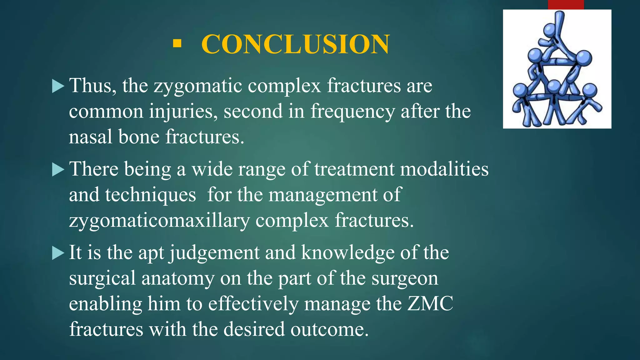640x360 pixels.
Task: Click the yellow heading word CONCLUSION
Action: pos(296,44)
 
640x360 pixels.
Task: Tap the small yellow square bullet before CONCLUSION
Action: pos(177,43)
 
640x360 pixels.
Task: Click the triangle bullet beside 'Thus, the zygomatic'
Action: pos(58,86)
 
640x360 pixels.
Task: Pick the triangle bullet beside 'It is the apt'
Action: pos(58,253)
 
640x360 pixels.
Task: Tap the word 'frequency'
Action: pos(352,112)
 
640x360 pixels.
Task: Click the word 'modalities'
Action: pos(444,169)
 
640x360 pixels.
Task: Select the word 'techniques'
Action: pos(150,195)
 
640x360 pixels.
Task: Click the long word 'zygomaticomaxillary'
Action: pos(159,221)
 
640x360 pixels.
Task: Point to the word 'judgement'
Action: pos(214,253)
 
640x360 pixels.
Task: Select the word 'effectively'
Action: pos(253,304)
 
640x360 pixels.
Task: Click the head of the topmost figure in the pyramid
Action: pos(549,31)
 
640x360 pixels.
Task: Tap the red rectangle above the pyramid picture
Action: pos(566,5)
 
